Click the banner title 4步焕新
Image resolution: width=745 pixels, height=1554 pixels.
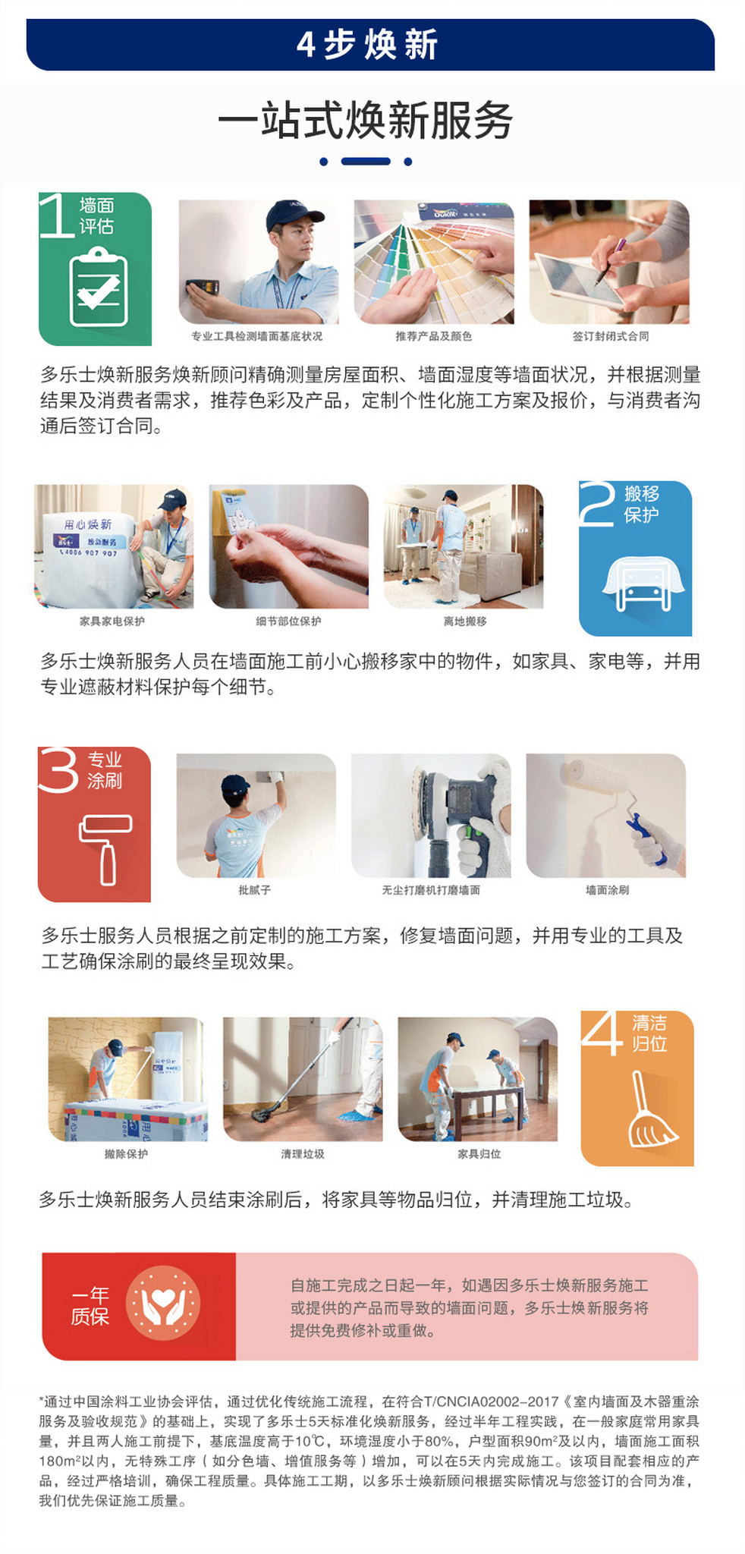(368, 45)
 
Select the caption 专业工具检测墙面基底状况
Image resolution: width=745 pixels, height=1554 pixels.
(256, 336)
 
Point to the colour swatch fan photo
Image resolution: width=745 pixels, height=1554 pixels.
(434, 262)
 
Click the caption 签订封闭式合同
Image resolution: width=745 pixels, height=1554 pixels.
(611, 336)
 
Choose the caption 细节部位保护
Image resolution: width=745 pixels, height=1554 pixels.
(288, 621)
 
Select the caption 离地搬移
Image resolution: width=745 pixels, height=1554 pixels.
(465, 621)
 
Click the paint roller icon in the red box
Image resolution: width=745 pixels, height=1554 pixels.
(105, 848)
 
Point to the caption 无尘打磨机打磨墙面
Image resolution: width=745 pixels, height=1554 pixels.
(431, 889)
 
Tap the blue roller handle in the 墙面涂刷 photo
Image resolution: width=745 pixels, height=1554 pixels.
(646, 838)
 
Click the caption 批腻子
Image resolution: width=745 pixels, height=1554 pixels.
(254, 889)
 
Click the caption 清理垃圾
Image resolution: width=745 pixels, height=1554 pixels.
(303, 1153)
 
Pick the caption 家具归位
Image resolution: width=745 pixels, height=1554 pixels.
(479, 1153)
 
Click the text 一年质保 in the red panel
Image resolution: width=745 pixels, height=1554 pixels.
(90, 1305)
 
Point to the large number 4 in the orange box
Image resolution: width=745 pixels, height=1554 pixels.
(602, 1033)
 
